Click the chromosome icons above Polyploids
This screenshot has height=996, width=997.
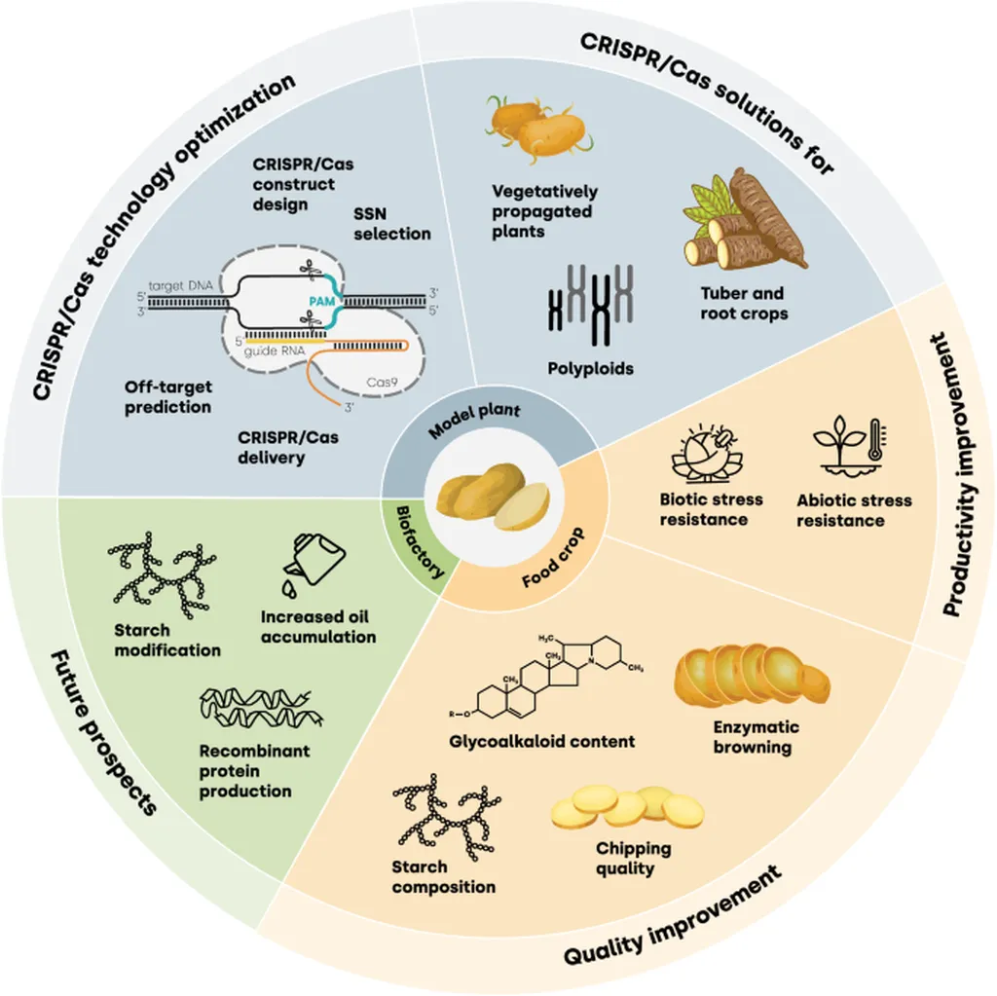(x=591, y=308)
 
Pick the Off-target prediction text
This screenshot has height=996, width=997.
(x=167, y=396)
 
